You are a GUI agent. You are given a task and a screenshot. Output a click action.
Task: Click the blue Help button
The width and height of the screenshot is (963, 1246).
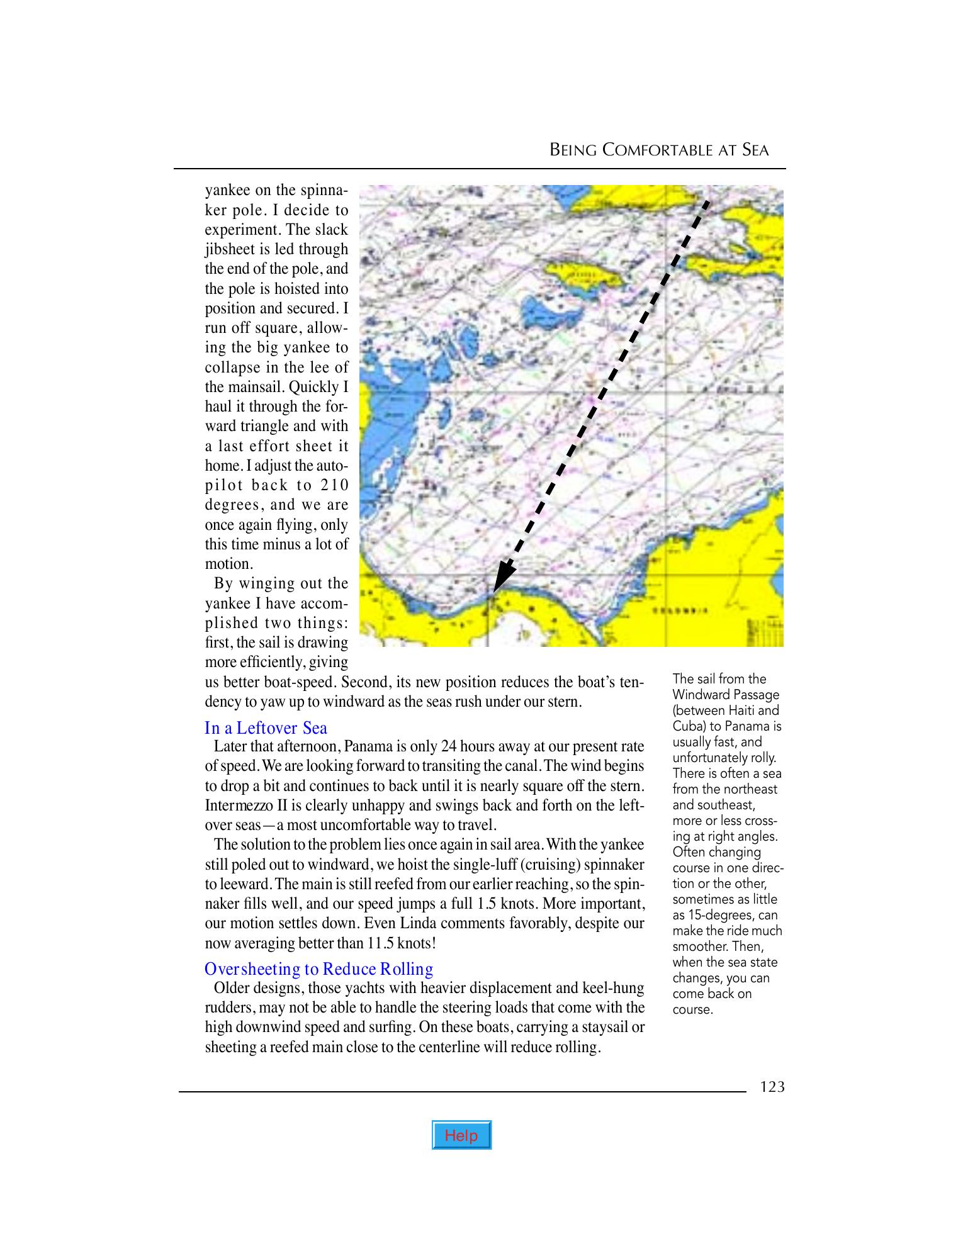click(461, 1135)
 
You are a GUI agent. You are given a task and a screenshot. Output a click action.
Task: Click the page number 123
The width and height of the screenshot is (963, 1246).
click(772, 1087)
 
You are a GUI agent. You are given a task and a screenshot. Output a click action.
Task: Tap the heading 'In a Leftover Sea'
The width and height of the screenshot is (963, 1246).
click(266, 728)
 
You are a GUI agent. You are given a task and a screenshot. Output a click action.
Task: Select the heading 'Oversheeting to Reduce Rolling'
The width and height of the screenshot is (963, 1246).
click(319, 968)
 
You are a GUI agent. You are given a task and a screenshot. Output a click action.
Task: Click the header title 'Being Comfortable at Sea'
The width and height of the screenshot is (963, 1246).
click(659, 150)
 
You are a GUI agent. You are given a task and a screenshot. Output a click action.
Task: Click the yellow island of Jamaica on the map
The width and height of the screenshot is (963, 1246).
click(582, 272)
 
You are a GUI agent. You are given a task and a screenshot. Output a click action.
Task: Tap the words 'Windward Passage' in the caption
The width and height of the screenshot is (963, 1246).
click(726, 695)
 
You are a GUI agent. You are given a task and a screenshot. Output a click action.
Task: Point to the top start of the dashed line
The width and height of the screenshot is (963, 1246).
click(707, 203)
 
